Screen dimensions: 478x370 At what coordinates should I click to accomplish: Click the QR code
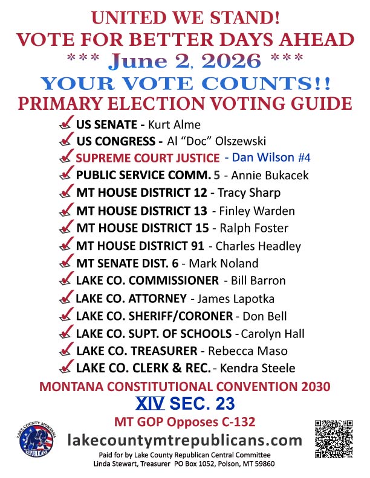334,438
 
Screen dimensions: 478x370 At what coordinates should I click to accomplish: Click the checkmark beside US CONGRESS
67,142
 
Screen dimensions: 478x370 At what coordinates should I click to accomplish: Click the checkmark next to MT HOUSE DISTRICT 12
67,193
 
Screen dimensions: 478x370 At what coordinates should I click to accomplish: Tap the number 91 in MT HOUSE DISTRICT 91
194,246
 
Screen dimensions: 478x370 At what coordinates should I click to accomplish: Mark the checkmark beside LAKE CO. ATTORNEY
67,298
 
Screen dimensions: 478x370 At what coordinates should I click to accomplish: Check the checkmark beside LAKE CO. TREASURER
67,351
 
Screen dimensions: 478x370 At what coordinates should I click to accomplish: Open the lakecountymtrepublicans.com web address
184,439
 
